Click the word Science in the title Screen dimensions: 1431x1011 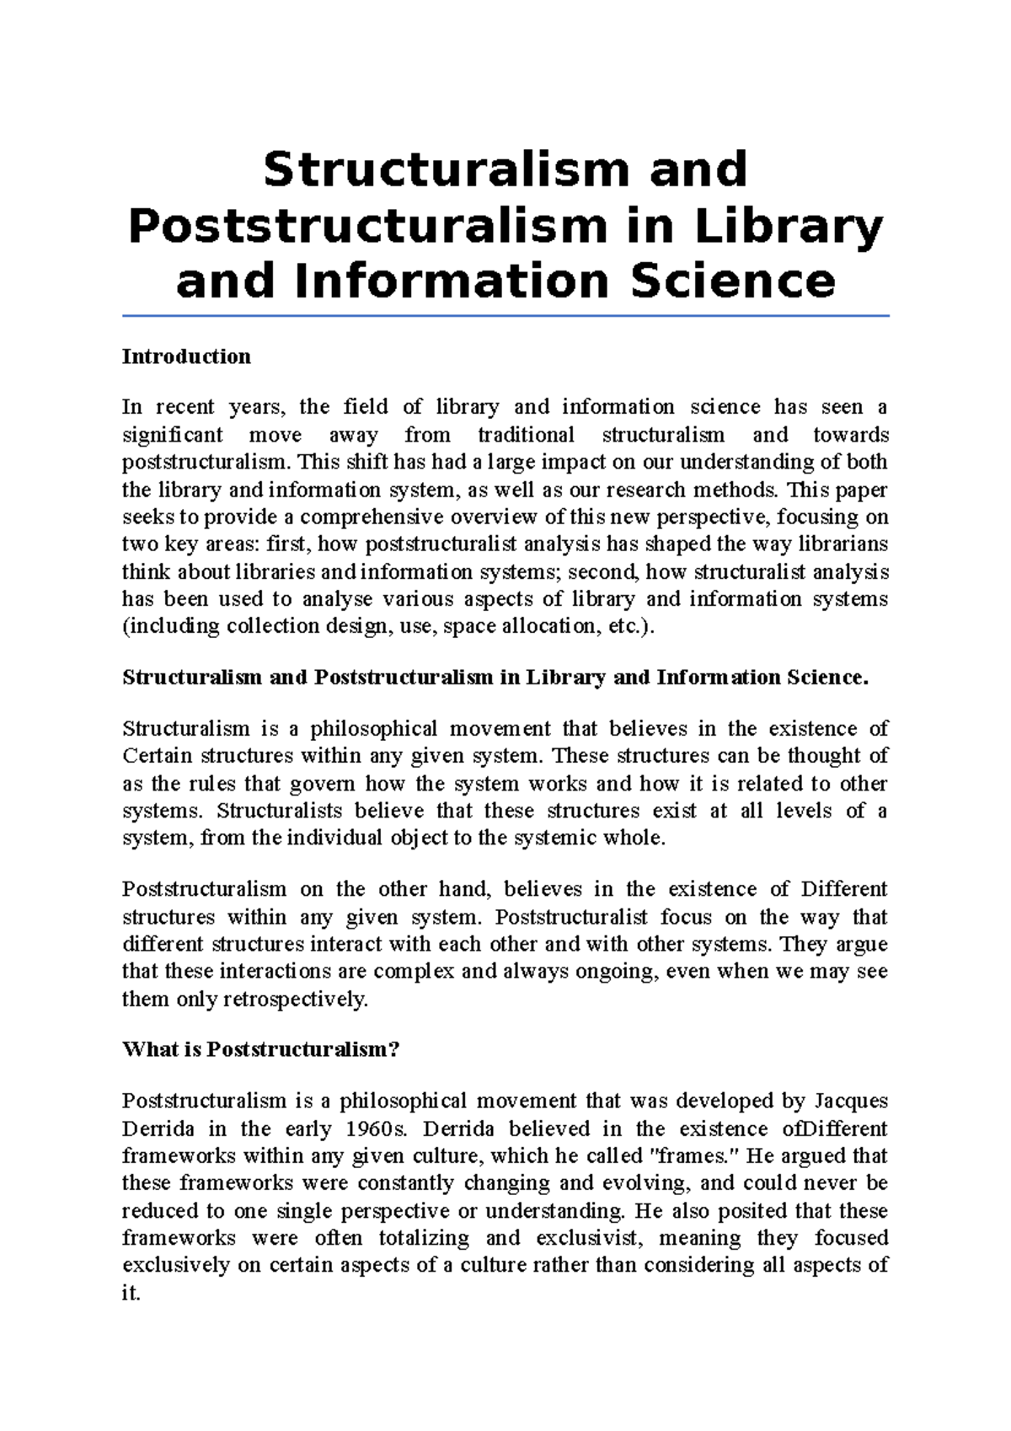(732, 281)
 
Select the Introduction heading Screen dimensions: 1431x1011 (186, 356)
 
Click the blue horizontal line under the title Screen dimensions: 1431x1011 (505, 316)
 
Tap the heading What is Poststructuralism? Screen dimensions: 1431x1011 (260, 1049)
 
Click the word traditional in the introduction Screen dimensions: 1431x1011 (526, 435)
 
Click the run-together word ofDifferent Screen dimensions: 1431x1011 (834, 1128)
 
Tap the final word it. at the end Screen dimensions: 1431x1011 (131, 1293)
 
